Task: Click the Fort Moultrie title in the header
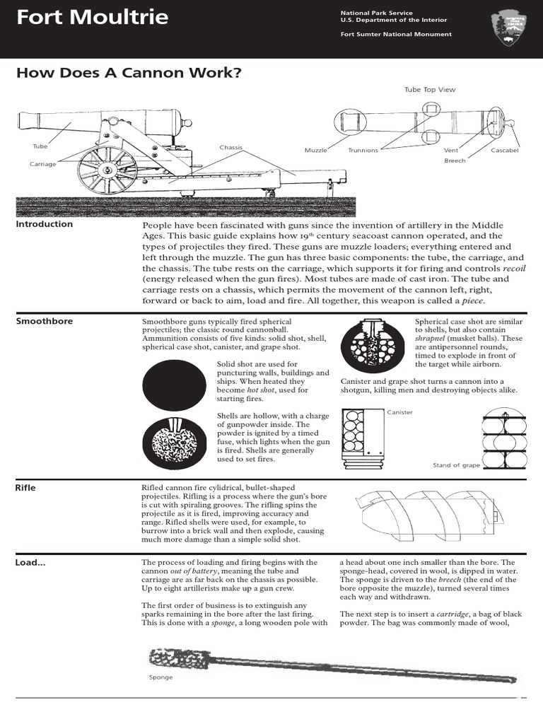93,17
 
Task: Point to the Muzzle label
315,151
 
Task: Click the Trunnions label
363,151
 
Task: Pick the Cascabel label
504,151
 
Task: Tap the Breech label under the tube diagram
455,161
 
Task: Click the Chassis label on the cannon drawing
230,148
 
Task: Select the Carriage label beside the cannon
42,164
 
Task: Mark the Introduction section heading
44,224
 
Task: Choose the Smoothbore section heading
44,321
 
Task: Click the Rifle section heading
25,487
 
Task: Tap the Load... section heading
30,563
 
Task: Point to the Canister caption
399,412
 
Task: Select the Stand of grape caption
456,465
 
